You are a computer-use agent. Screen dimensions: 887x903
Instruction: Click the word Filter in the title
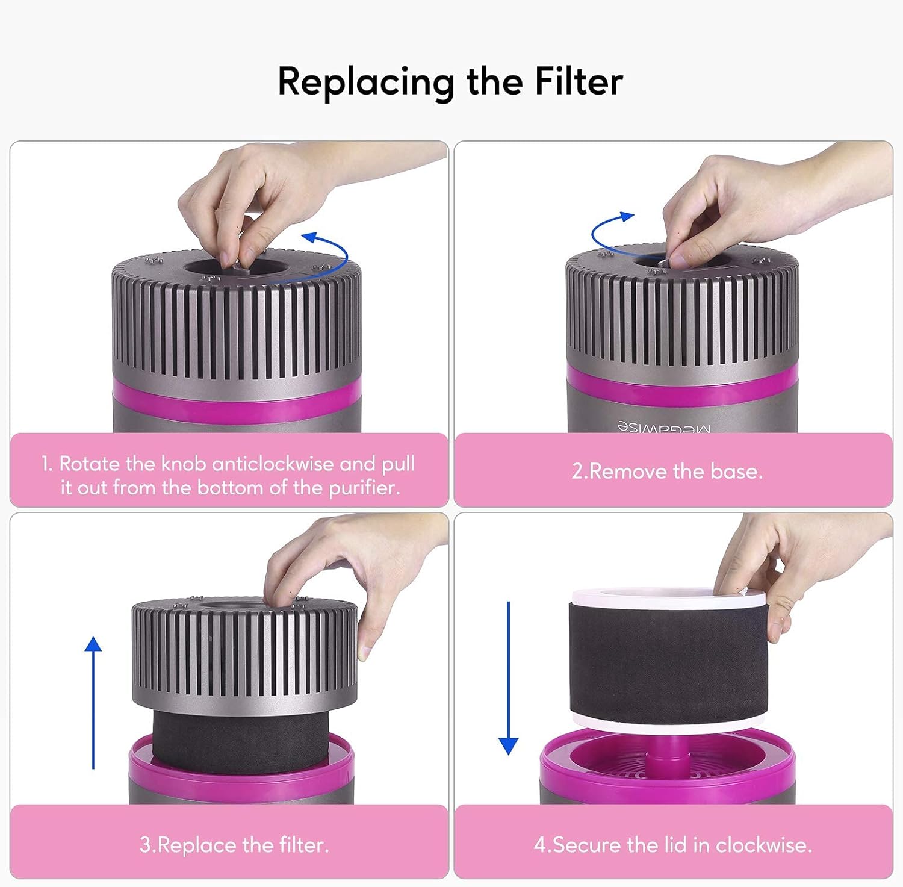(x=579, y=81)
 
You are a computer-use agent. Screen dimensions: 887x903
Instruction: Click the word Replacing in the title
(x=366, y=82)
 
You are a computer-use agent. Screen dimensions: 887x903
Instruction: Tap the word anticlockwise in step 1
(x=272, y=464)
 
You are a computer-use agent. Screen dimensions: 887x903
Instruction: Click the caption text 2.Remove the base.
(x=667, y=471)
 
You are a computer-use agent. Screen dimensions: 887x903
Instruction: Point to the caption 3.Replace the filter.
(x=234, y=845)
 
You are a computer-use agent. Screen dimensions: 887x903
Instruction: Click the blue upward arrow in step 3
(x=93, y=702)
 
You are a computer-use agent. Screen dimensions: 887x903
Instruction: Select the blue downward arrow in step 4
(x=509, y=677)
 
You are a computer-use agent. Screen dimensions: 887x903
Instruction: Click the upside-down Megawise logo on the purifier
(x=664, y=427)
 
